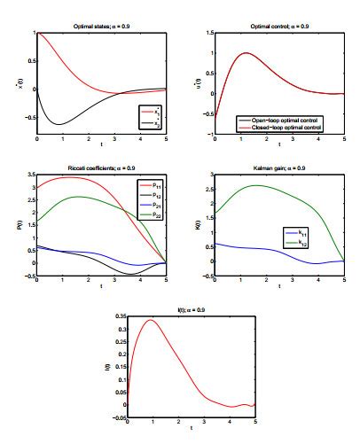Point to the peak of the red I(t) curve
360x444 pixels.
click(x=152, y=320)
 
